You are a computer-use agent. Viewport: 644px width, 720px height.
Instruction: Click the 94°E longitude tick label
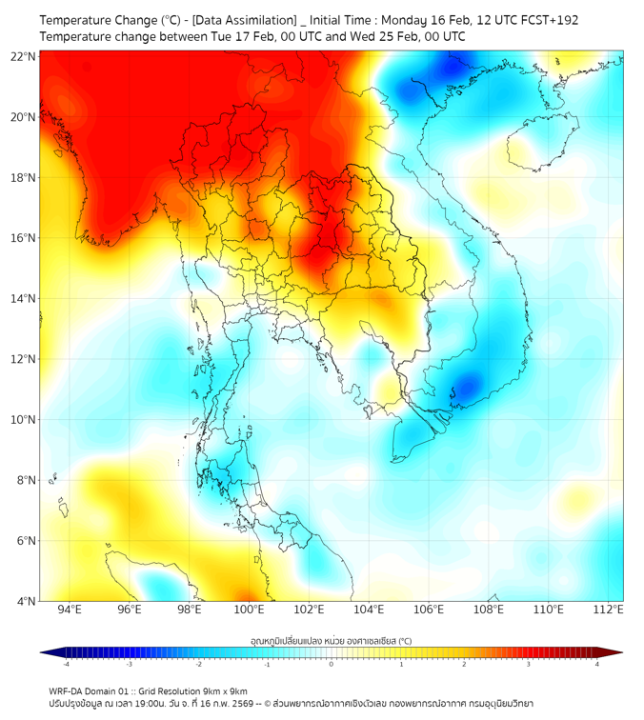(70, 610)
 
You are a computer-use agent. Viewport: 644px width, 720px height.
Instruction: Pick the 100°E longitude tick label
(249, 610)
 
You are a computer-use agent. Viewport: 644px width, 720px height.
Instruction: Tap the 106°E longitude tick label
(429, 610)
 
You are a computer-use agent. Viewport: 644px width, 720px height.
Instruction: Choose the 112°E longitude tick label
(608, 610)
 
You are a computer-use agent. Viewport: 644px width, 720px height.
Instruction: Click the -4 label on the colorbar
(65, 664)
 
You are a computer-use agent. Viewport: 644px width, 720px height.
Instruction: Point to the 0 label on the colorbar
(332, 664)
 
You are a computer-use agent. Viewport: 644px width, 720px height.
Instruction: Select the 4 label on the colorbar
(597, 664)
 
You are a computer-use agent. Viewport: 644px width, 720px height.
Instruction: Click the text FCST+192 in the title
(545, 20)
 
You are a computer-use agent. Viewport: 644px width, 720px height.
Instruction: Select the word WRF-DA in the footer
(69, 690)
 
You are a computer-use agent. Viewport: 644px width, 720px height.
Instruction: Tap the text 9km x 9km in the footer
(225, 690)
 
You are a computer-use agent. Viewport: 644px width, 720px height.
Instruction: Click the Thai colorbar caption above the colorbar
(331, 641)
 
